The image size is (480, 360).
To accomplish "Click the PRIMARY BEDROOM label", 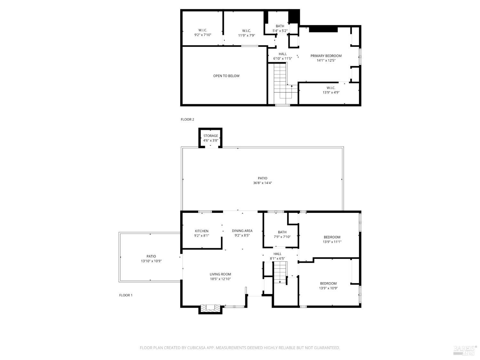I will [326, 56].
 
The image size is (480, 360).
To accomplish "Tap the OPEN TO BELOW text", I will [226, 76].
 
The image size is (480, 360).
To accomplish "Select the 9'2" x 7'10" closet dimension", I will [203, 35].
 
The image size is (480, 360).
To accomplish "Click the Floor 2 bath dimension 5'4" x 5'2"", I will [280, 31].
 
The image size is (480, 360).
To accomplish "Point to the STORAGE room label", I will [211, 136].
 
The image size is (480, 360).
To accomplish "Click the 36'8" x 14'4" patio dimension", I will [262, 183].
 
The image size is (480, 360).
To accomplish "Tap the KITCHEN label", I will [202, 231].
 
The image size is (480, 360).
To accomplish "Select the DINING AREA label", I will [242, 231].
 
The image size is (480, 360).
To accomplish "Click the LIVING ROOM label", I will [220, 274].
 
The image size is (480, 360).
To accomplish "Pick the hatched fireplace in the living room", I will [210, 308].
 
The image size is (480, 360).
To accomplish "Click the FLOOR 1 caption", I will [126, 295].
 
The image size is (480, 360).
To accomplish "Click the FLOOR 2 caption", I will [187, 119].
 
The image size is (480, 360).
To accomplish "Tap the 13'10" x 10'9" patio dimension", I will [151, 261].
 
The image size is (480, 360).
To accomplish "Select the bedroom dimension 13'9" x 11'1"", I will [332, 242].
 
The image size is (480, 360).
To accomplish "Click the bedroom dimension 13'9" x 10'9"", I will [328, 288].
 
